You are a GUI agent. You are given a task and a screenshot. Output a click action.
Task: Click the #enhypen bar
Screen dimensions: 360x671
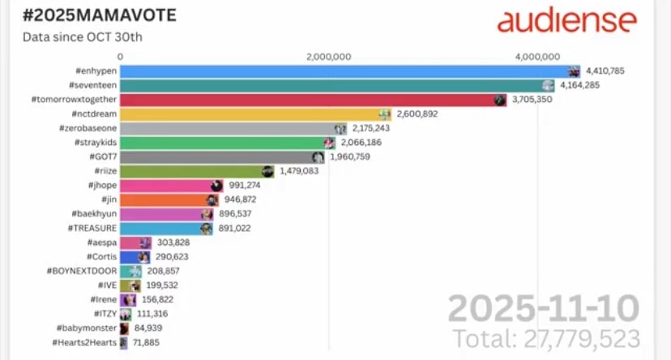coord(340,71)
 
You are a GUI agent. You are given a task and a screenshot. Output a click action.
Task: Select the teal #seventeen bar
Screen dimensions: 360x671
coord(332,85)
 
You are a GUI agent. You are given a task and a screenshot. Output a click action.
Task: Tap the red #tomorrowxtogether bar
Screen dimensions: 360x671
coord(308,100)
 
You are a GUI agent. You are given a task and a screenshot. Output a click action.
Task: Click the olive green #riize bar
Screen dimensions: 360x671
coord(194,171)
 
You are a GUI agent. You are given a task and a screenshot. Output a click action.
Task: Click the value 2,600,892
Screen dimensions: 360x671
coord(418,114)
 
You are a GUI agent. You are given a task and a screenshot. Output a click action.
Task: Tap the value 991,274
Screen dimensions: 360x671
coord(245,186)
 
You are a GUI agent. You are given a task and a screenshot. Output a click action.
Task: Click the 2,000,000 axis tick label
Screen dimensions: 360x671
coord(329,57)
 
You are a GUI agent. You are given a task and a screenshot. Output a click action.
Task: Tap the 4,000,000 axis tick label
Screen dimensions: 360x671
coord(537,57)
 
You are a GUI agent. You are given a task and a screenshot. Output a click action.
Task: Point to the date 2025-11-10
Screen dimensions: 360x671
coord(544,309)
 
